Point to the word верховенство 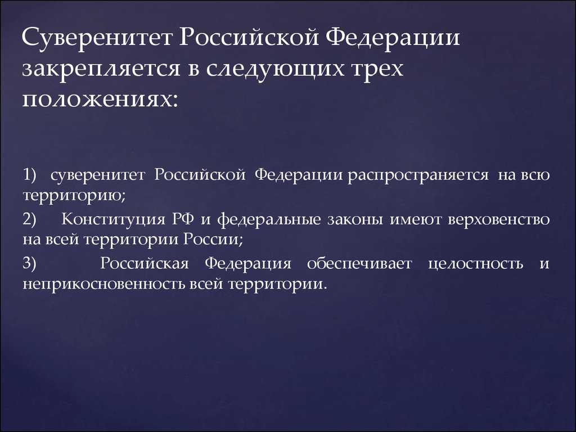coord(499,219)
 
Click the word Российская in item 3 coord(140,263)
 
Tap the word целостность coord(475,263)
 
